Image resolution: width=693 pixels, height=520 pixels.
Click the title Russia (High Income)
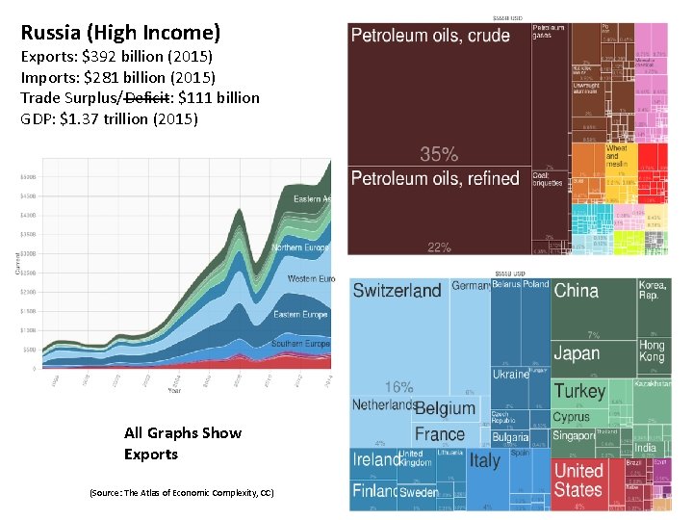click(120, 33)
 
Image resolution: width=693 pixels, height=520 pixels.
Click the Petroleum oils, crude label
click(430, 36)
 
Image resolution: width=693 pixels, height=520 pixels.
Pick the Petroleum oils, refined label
click(435, 178)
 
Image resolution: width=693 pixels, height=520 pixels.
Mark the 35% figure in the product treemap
click(438, 154)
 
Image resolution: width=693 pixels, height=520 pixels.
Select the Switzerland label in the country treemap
click(397, 291)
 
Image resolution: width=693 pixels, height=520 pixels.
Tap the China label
click(576, 291)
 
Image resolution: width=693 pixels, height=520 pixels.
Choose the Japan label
click(577, 353)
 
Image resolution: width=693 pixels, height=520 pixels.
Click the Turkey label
click(579, 391)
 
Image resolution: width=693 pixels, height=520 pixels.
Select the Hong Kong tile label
click(652, 351)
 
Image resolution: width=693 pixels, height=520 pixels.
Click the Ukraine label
click(510, 375)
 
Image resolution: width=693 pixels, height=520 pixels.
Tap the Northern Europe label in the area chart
click(300, 247)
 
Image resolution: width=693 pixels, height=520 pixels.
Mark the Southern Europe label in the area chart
click(300, 344)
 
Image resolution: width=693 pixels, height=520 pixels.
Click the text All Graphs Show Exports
click(183, 443)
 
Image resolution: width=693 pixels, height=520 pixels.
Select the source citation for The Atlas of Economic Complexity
click(181, 493)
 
